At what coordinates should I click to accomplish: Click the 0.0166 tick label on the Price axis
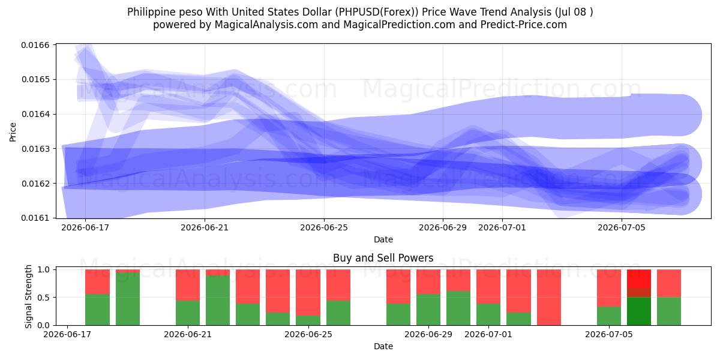pos(35,45)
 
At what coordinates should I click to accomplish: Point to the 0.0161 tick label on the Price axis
pos(35,218)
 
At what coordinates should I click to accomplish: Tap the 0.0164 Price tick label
pos(35,114)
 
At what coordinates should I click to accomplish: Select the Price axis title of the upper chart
pos(13,132)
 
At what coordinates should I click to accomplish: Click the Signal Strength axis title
pos(29,296)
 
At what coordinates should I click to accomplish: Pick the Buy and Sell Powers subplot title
pos(383,258)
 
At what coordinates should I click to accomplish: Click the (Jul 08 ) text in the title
pos(574,12)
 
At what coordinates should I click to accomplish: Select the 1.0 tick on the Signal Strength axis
pos(44,269)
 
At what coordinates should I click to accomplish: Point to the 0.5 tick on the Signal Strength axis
pos(44,298)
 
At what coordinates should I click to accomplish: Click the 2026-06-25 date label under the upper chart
pos(324,227)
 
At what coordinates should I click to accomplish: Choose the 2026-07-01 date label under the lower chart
pos(488,334)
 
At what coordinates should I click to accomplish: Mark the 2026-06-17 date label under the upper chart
pos(85,227)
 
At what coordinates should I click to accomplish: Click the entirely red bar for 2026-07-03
pos(548,298)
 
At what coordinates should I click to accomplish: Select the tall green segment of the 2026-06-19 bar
pos(128,299)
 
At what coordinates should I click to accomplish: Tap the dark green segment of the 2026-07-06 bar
pos(639,311)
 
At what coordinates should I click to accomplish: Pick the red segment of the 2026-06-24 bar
pos(278,291)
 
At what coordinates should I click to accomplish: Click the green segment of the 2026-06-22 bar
pos(218,300)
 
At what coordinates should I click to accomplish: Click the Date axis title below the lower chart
pos(383,346)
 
